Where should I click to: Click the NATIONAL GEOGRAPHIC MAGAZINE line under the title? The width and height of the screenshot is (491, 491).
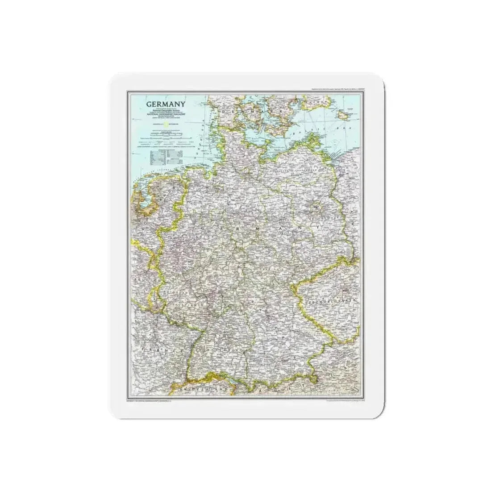tap(166, 114)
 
